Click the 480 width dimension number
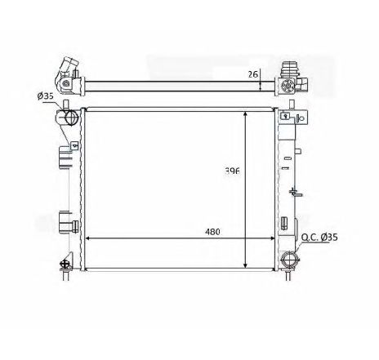click(x=212, y=232)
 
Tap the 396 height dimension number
click(x=232, y=171)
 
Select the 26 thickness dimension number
click(x=252, y=74)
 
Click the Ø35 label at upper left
click(x=45, y=96)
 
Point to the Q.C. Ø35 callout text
click(x=319, y=238)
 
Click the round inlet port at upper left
click(x=71, y=118)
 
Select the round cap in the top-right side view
click(x=288, y=86)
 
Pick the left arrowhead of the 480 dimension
click(x=87, y=238)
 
